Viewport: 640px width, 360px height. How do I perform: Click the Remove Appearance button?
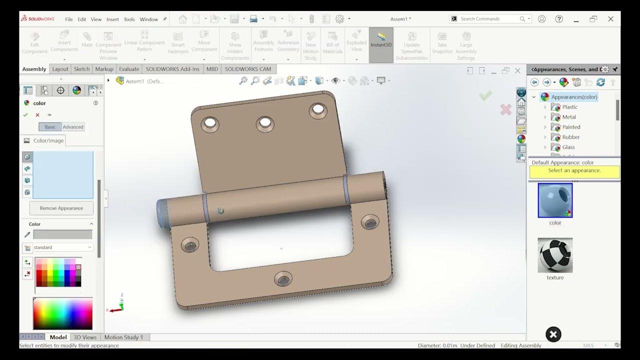coord(61,208)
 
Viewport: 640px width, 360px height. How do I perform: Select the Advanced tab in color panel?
coord(73,127)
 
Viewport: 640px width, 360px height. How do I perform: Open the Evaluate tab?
coord(129,69)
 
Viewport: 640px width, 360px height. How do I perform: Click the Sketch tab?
coord(81,69)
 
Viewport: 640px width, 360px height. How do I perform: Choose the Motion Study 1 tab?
coord(123,337)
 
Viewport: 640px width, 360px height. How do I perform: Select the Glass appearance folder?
coord(568,147)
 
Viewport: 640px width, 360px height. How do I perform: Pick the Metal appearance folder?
coord(568,117)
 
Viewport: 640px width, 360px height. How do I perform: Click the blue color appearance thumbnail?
coord(555,200)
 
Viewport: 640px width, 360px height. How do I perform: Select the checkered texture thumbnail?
coord(555,255)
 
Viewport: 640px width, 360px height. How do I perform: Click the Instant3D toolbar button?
coord(381,44)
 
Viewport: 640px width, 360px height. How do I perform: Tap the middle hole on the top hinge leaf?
coord(264,122)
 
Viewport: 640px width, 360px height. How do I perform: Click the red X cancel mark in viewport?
coord(505,109)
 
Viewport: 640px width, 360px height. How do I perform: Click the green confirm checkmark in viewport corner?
coord(485,95)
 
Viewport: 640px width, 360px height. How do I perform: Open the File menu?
coord(69,19)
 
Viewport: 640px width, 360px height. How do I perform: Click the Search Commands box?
coord(487,19)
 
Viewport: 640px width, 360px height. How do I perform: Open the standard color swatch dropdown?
coord(62,247)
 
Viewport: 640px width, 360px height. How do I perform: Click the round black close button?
coord(553,334)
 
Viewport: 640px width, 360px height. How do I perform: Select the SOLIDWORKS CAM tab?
coord(247,69)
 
